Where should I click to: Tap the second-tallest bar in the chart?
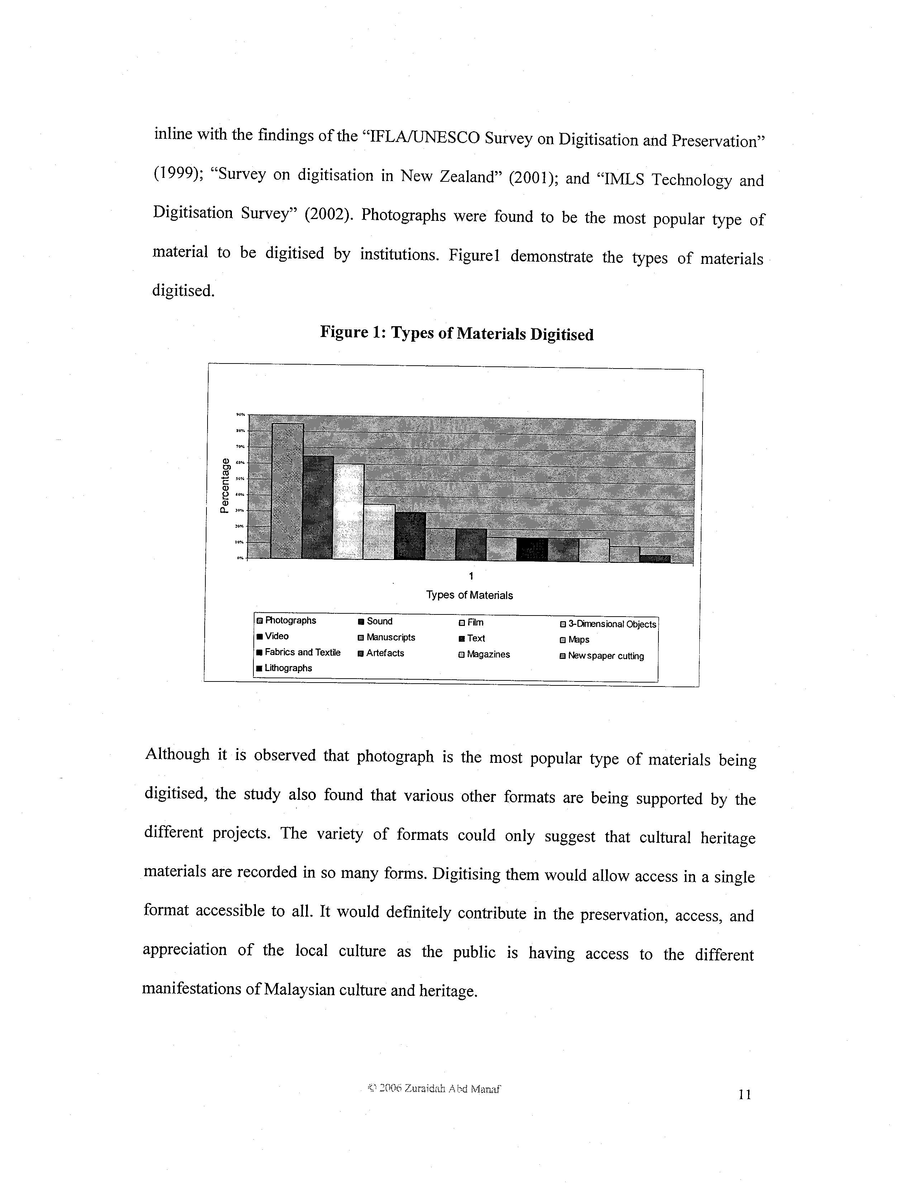[318, 508]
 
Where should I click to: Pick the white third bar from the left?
[348, 511]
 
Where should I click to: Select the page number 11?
[744, 1095]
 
